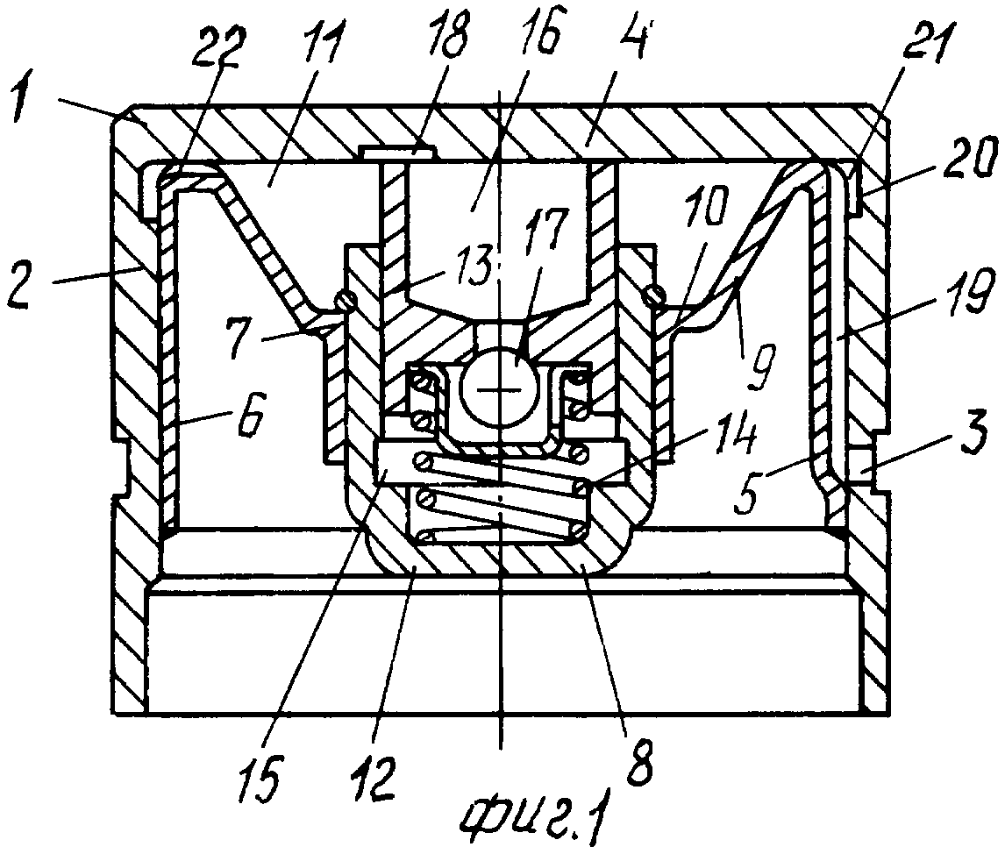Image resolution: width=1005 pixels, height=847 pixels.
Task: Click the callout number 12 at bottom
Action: pos(373,777)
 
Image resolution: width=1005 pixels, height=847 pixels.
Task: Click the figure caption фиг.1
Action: pos(533,814)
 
